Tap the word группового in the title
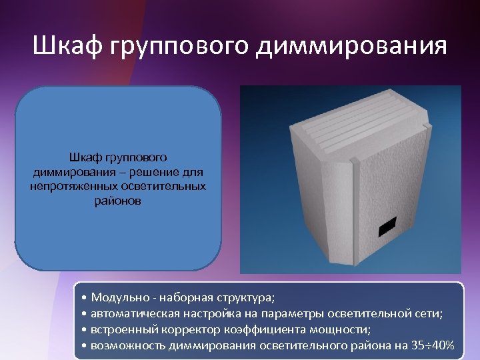pyautogui.click(x=176, y=47)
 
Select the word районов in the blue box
pyautogui.click(x=118, y=200)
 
